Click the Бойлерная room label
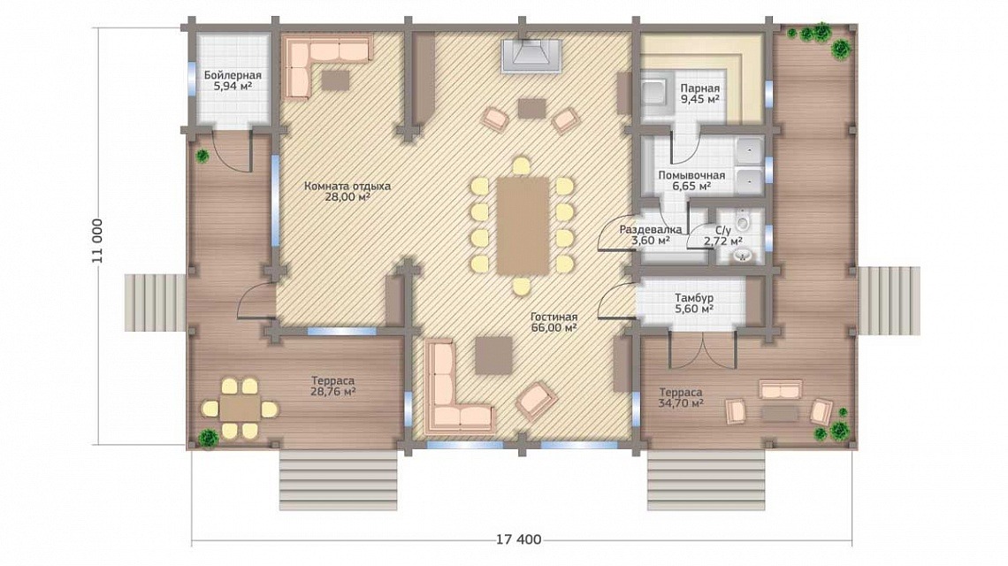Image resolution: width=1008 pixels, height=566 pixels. [x=233, y=75]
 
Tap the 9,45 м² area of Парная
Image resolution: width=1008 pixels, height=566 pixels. [x=700, y=99]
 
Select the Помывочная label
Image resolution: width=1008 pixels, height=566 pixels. [x=691, y=175]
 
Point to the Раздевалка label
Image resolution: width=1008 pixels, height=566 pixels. [x=651, y=229]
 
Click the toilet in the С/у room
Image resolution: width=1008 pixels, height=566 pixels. [x=744, y=223]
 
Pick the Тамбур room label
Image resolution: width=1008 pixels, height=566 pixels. [x=693, y=298]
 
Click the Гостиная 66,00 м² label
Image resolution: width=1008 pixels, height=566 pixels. [x=554, y=322]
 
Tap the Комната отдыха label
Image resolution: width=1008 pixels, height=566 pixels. [x=347, y=186]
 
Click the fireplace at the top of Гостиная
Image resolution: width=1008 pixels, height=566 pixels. [x=531, y=54]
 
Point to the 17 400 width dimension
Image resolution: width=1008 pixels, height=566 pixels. [x=519, y=539]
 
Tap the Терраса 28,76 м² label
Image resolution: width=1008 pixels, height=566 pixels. [x=333, y=386]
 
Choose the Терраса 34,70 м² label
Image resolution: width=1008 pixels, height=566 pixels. [x=681, y=397]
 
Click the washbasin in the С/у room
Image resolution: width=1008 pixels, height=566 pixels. [x=744, y=256]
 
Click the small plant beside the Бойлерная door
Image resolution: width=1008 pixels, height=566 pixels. [x=203, y=155]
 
